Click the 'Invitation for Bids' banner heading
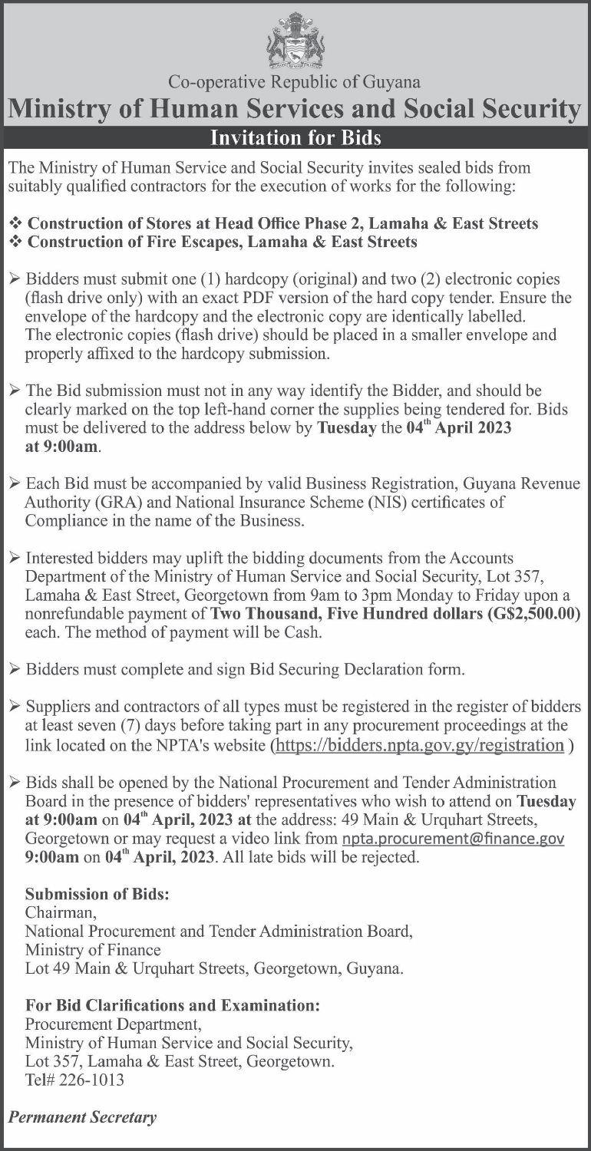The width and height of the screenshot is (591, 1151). point(295,139)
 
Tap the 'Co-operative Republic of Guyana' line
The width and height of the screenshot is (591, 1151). point(295,80)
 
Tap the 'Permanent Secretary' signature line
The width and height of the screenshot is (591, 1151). point(82,1117)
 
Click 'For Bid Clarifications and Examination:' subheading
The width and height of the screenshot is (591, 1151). point(172,1005)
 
